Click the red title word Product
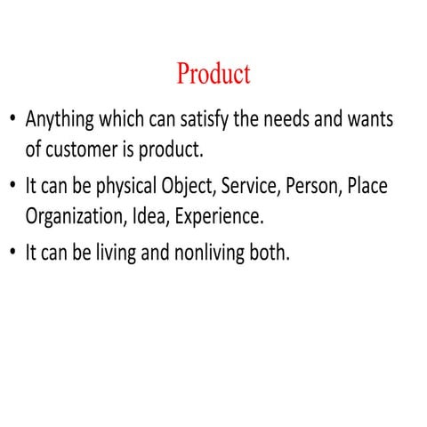click(x=213, y=73)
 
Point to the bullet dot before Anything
click(x=12, y=119)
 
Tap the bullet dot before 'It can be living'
click(x=12, y=253)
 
